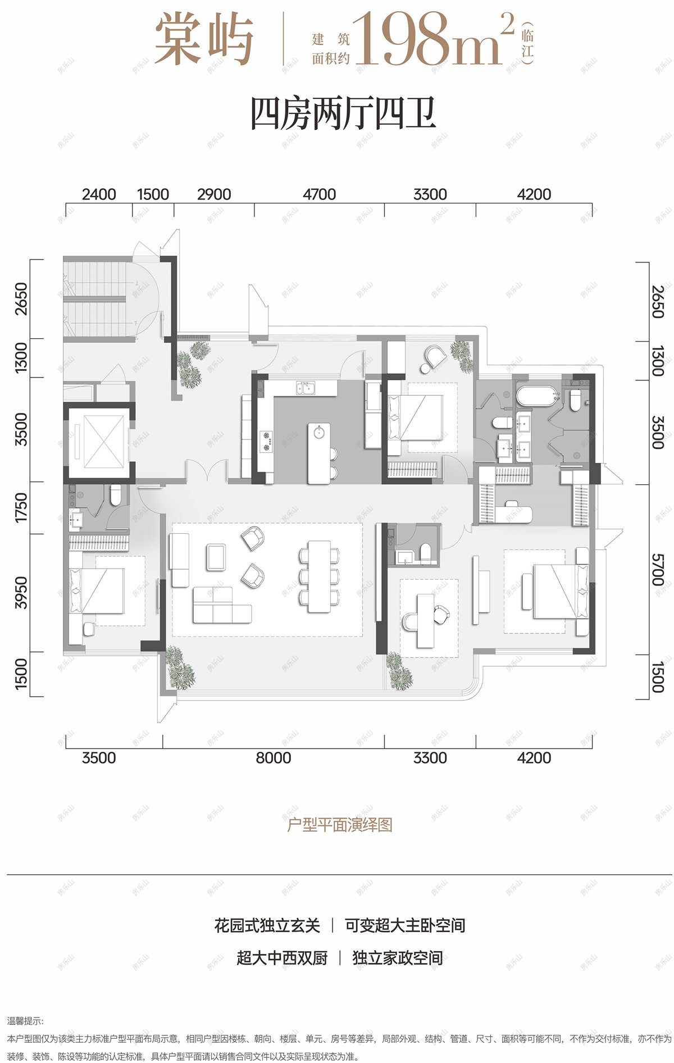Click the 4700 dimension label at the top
coord(319,194)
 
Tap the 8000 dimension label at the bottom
coord(274,758)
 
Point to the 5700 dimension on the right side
coord(658,570)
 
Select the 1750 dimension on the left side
coord(21,507)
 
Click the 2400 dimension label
coord(99,194)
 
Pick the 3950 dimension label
coord(21,593)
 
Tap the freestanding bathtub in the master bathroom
coord(536,397)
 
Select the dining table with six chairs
coord(319,576)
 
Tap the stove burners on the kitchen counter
coord(266,441)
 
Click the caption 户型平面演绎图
coord(339,825)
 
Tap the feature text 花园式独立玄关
coord(267,925)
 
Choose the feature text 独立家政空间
coord(397,958)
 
